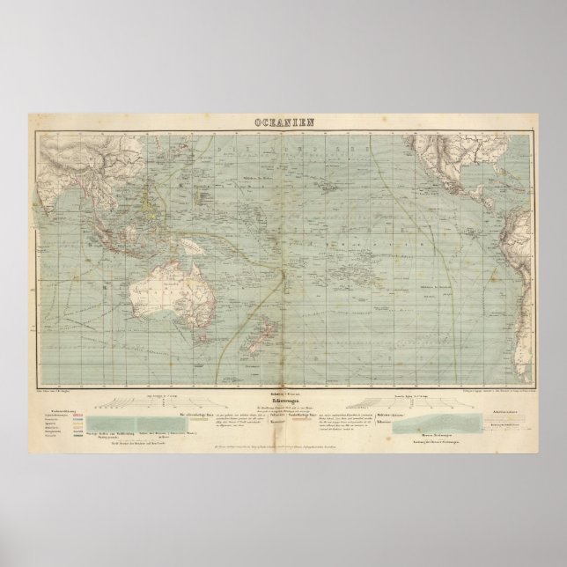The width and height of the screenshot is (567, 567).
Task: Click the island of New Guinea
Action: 196,231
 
